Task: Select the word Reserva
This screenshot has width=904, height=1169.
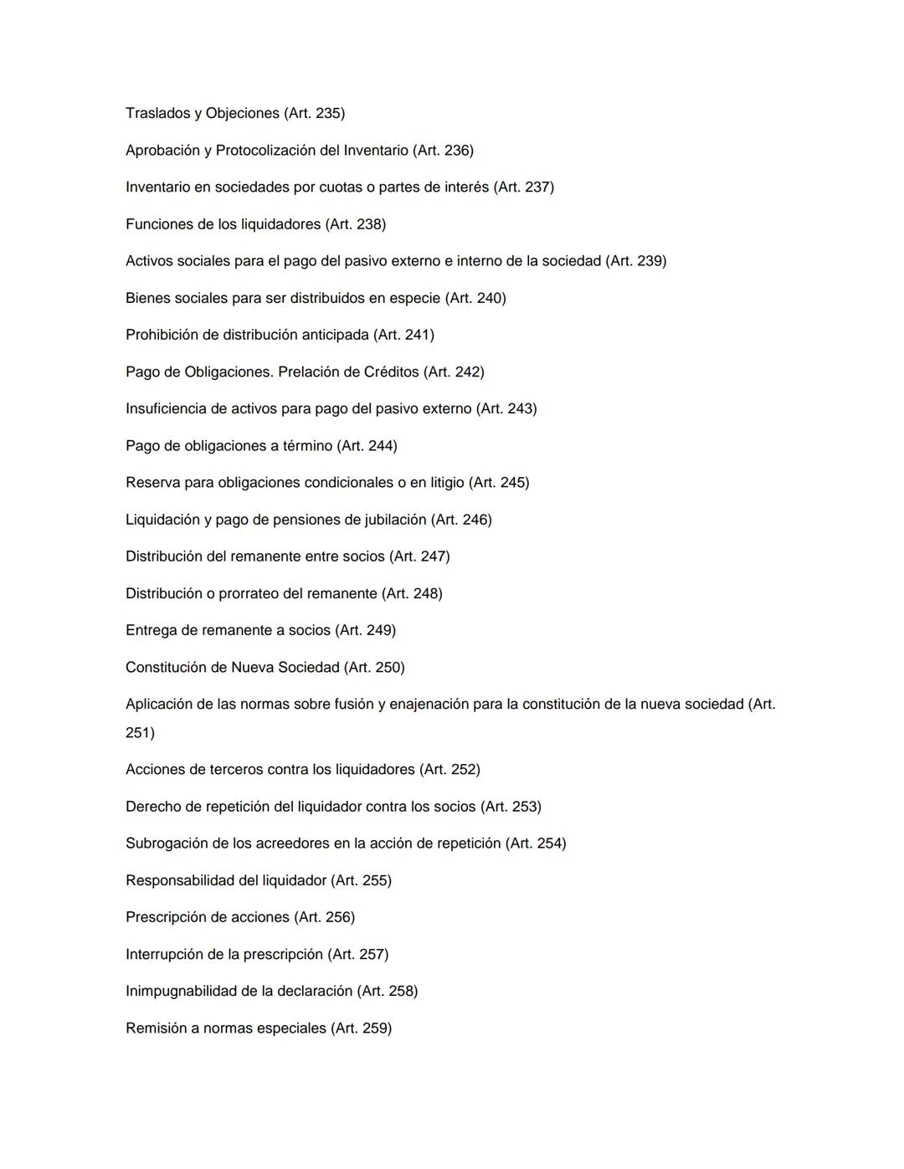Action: [152, 483]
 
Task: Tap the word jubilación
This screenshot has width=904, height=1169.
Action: [392, 520]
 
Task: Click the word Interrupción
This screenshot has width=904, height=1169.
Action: [165, 954]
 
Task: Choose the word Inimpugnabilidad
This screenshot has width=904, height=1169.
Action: [181, 991]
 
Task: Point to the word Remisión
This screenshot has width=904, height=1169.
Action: [156, 1028]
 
